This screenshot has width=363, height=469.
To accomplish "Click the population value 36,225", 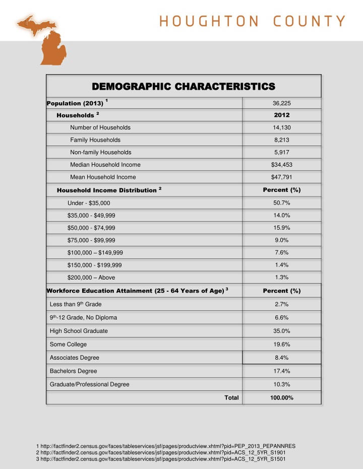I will (x=281, y=103).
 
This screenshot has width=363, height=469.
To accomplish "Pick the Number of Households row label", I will (x=100, y=127).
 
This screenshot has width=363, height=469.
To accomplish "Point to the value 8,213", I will (x=281, y=140).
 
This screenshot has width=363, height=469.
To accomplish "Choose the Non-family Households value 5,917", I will (x=281, y=152).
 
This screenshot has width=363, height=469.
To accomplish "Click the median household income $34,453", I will (x=281, y=165).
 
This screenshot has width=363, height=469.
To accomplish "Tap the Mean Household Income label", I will (x=103, y=177).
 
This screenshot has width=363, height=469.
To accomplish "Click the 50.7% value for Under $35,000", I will (x=281, y=203).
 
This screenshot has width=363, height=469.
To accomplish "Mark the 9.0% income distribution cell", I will (x=281, y=240).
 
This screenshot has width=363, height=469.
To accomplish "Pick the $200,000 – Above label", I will (x=91, y=278).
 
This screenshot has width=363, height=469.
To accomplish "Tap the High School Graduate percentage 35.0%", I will (x=281, y=331).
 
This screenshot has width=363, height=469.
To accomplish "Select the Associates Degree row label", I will (x=75, y=358).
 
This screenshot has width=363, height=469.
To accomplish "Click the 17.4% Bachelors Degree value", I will (x=281, y=371).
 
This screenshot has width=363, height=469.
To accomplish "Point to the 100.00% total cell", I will (x=281, y=397).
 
